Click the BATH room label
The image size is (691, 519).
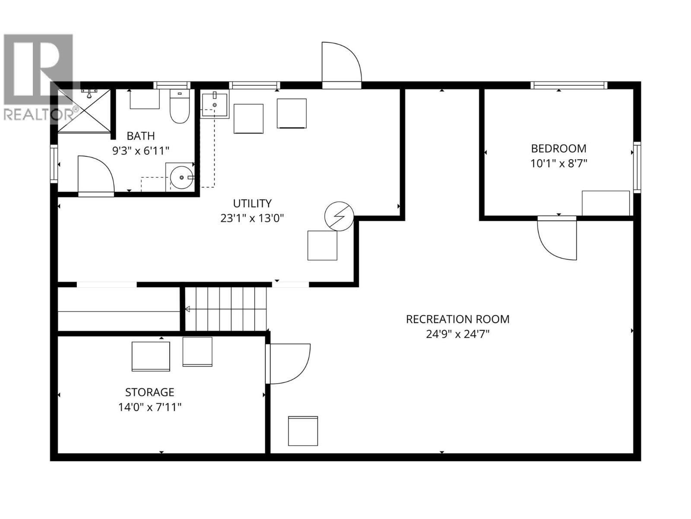pos(140,136)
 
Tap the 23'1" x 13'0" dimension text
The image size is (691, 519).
pos(252,218)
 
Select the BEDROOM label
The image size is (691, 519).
pos(558,148)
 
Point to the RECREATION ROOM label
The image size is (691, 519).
pos(457,319)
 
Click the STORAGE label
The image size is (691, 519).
pos(149,392)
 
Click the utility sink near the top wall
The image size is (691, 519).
pos(215,104)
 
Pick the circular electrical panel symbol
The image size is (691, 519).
pos(339,216)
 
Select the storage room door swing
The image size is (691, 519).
pos(288,363)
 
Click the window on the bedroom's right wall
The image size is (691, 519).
pos(637,167)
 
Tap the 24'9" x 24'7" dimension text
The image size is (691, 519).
pos(457,334)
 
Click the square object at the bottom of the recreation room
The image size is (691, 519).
pos(303,431)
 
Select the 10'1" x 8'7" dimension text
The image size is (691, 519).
pos(558,163)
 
